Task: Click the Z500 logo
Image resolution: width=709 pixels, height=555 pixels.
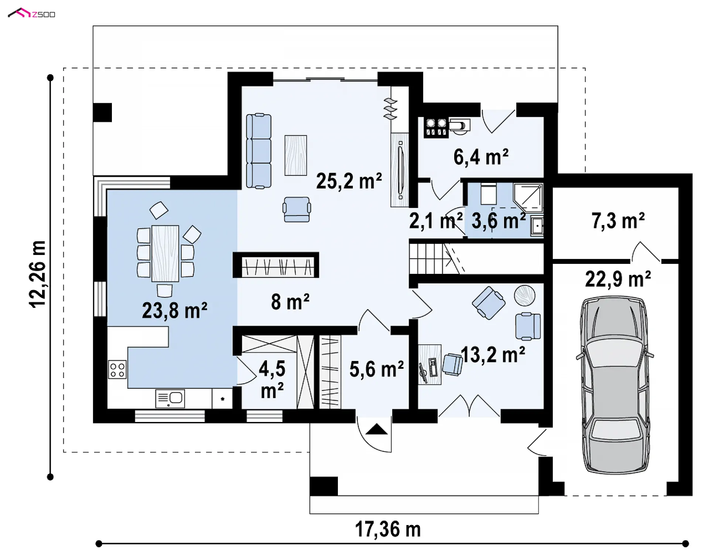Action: pos(31,14)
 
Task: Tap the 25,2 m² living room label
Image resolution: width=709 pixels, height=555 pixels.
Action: pos(349,181)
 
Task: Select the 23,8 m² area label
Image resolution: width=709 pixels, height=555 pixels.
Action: pos(175,310)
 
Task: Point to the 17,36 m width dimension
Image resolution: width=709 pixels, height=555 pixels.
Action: pos(388,529)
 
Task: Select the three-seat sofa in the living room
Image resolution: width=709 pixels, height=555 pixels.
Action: pos(258,151)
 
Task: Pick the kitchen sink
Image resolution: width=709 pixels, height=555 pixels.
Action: pos(170,398)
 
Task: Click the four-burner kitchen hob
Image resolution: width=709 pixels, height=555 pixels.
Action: pos(117,370)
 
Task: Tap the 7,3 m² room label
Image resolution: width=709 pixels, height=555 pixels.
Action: pos(618,221)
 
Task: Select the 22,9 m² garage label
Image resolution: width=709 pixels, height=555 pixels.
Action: pos(618,279)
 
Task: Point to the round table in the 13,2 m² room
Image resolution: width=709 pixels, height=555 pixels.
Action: pos(524,296)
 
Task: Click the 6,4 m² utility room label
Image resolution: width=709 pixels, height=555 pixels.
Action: pos(481,157)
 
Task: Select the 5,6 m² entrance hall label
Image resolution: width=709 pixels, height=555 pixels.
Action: pos(376,370)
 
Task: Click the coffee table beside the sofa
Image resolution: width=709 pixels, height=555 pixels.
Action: pos(295,155)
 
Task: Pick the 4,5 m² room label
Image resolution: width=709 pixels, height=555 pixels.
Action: pos(272,379)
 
